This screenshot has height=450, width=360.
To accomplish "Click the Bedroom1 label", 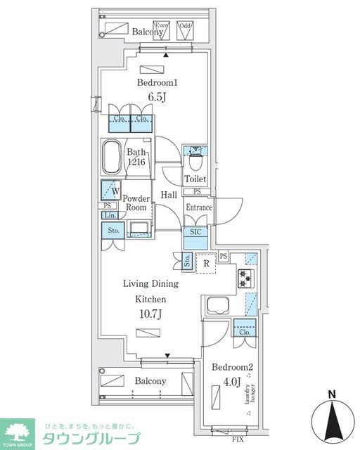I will coord(153,83).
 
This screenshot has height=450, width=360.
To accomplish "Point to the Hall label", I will coord(169,195).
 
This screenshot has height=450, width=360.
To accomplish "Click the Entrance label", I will coord(198,207).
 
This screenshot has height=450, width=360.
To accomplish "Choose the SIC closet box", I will coord(194,237).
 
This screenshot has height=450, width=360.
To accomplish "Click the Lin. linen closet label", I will coord(110,215).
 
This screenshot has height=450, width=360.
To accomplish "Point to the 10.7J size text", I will coord(150,314).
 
